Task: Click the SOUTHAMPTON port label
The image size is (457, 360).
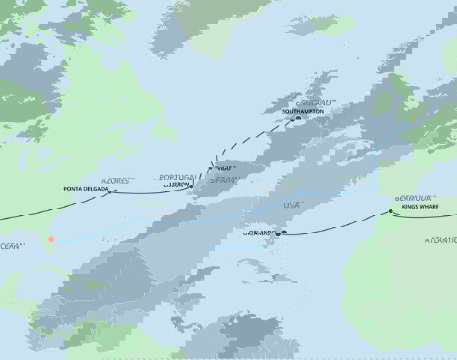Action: [x=303, y=111]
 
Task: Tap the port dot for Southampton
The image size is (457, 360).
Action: [x=297, y=118]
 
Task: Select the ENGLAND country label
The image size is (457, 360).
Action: [x=316, y=102]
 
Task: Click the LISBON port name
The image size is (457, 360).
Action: [x=176, y=186]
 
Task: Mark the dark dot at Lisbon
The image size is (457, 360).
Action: [x=191, y=187]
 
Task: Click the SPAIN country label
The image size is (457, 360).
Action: [x=223, y=180]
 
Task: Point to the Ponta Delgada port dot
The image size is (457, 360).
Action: [x=115, y=190]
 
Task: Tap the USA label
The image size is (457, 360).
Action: [x=293, y=205]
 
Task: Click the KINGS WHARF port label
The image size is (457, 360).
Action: [x=422, y=208]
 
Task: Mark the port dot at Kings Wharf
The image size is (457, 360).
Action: [x=390, y=211]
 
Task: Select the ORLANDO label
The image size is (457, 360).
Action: [x=258, y=233]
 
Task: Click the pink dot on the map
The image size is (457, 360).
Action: [x=52, y=240]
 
